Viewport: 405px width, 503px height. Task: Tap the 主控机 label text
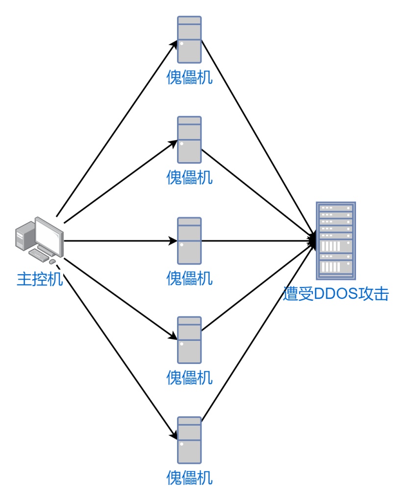tap(39, 280)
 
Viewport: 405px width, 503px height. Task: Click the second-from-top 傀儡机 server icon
tap(189, 140)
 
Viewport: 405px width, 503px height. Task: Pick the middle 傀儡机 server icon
tap(189, 240)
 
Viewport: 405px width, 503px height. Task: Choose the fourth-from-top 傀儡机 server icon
tap(189, 340)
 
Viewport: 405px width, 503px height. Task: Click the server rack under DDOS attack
tap(335, 240)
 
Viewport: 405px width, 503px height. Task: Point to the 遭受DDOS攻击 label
tap(336, 294)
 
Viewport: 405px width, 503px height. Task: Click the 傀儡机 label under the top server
tap(189, 78)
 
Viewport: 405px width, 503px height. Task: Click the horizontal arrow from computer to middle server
tap(118, 241)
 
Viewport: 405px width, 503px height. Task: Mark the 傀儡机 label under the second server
tap(189, 177)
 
